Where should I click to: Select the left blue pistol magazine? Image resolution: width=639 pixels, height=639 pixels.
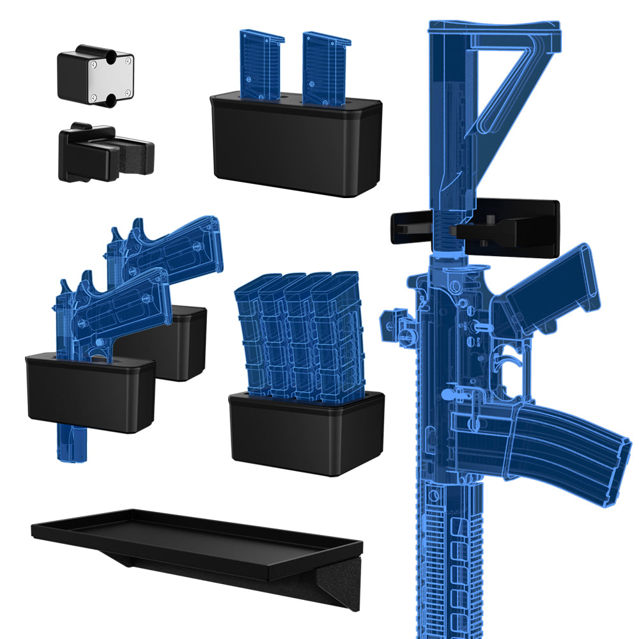(261, 64)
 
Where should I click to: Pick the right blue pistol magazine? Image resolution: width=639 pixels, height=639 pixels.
(326, 67)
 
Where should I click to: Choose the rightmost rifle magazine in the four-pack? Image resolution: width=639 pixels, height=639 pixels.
(337, 339)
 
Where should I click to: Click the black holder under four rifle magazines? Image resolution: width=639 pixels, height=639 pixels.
(307, 435)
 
